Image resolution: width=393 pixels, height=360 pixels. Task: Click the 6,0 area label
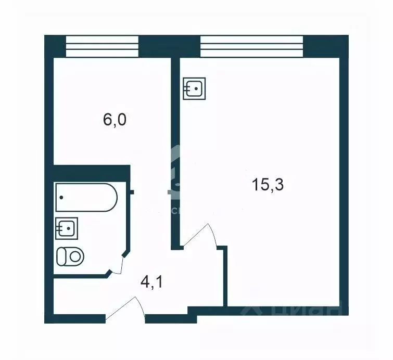[115, 120]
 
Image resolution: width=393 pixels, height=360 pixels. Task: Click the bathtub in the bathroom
[86, 197]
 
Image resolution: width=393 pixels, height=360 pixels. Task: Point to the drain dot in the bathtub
[62, 198]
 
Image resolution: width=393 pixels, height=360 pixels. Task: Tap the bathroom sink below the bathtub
[67, 228]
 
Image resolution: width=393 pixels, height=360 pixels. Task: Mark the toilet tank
[60, 256]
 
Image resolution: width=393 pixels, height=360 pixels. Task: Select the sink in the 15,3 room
[195, 88]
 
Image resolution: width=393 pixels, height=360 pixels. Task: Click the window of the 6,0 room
[102, 46]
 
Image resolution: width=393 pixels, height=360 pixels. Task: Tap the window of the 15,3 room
[251, 46]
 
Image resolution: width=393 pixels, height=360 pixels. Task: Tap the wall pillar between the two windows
[169, 46]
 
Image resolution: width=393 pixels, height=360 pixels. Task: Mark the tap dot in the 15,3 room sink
[196, 88]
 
